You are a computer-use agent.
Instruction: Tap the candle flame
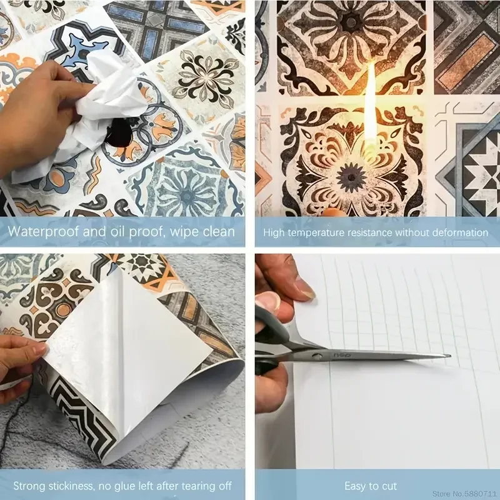click(x=371, y=106)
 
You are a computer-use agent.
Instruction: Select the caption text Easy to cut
click(x=371, y=486)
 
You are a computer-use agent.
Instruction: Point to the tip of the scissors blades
click(x=449, y=356)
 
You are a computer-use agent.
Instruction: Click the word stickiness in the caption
click(x=71, y=486)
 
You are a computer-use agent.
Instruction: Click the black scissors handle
click(x=275, y=341)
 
